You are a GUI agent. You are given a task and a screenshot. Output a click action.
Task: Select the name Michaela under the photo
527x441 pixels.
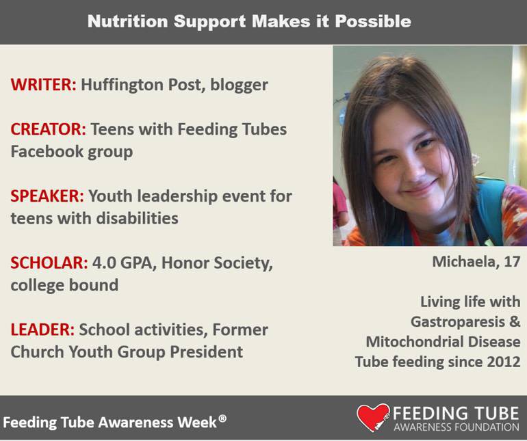pyautogui.click(x=463, y=262)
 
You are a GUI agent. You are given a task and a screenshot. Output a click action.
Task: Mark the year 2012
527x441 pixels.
pyautogui.click(x=503, y=362)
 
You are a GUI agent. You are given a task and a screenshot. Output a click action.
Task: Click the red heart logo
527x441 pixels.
pyautogui.click(x=372, y=417)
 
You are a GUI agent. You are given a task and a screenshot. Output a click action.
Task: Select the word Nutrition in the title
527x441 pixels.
pyautogui.click(x=127, y=21)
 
